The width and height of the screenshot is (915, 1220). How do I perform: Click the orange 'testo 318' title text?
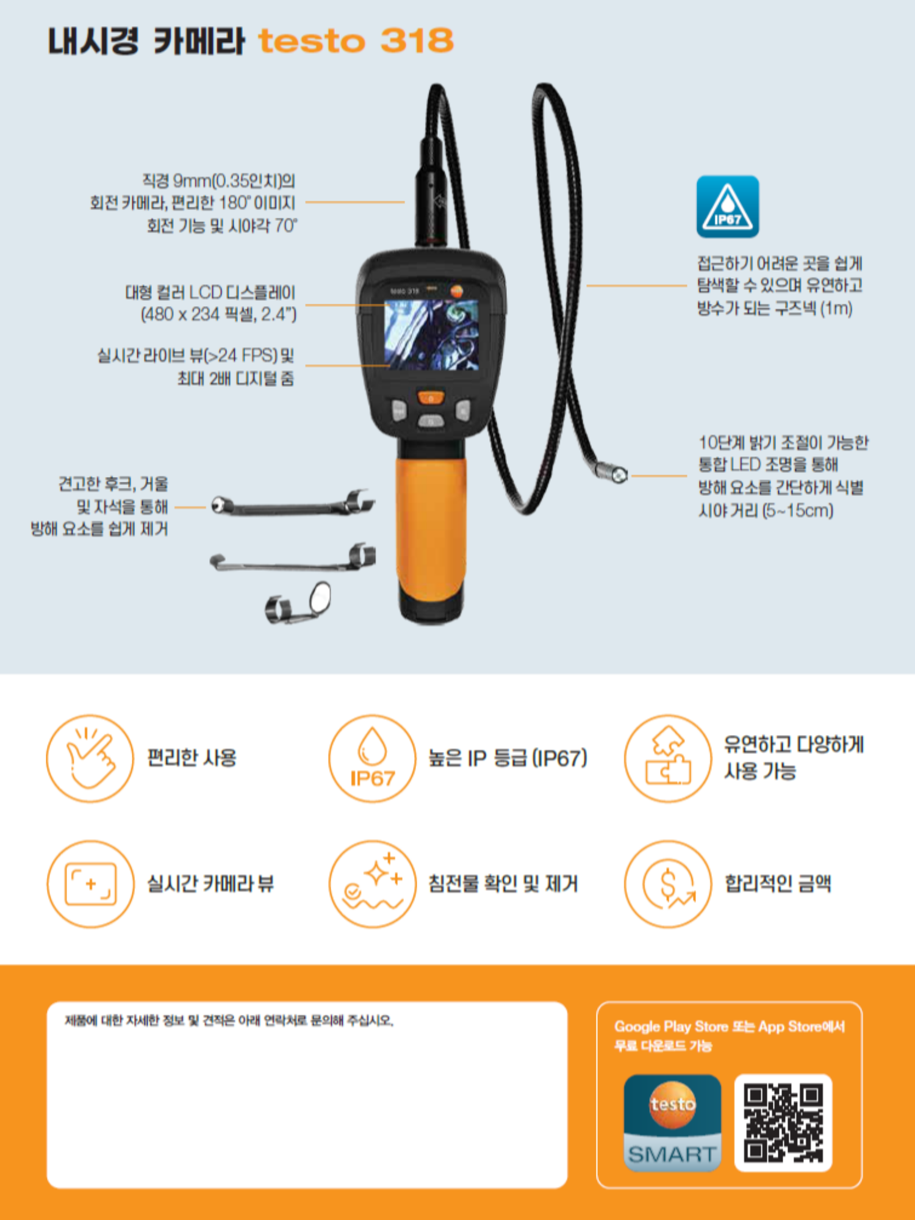[x=356, y=41]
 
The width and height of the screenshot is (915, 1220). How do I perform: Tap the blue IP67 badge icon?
[x=728, y=207]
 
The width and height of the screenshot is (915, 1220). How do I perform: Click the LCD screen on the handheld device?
[x=431, y=334]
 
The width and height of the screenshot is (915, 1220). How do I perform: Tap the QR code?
[x=783, y=1123]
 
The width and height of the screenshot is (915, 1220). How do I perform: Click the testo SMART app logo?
[x=672, y=1123]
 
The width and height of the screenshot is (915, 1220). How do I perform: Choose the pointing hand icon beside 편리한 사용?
[x=90, y=758]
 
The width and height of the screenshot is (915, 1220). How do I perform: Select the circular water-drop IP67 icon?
[x=372, y=758]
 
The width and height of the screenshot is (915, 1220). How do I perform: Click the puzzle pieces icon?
[x=668, y=758]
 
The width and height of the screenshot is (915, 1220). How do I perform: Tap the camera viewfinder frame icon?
[x=90, y=884]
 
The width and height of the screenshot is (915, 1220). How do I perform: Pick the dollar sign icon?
[x=668, y=884]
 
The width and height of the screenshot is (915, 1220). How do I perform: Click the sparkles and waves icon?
[x=372, y=884]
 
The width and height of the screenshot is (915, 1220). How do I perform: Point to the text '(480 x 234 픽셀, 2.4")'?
[x=218, y=315]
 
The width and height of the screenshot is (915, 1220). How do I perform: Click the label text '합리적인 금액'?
[x=778, y=884]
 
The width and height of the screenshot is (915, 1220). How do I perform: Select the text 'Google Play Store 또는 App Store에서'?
[x=730, y=1027]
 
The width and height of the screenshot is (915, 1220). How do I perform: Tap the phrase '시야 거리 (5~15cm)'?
[x=766, y=510]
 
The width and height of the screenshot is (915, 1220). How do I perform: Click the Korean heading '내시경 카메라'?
[x=146, y=41]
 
